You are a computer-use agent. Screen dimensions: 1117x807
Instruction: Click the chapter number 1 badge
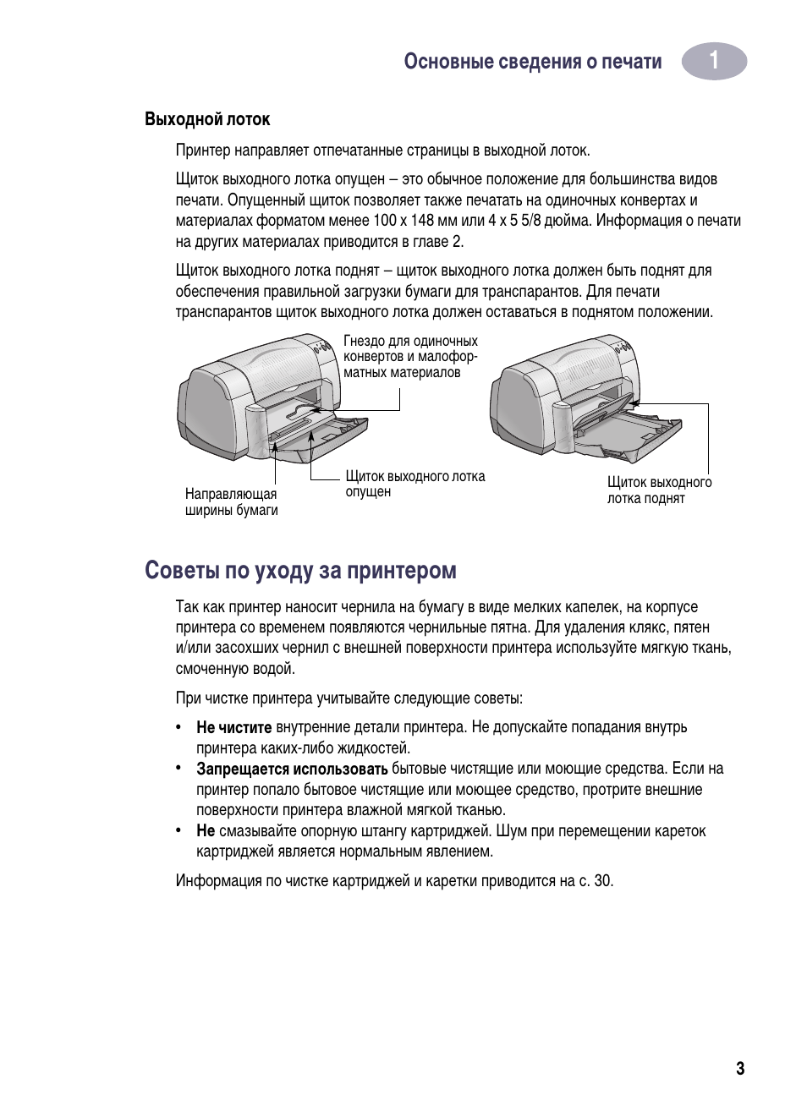(714, 62)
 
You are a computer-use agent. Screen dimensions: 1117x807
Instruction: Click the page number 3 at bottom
(740, 1069)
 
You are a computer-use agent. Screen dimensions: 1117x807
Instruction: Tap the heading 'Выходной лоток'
(207, 119)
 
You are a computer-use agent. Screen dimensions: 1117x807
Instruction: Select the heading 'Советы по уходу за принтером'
(300, 571)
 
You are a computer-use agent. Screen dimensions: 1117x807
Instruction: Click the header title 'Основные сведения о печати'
(532, 62)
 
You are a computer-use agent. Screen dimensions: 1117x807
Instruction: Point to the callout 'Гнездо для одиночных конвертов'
(410, 357)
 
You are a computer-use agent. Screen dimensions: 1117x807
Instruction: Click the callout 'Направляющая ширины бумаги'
(231, 502)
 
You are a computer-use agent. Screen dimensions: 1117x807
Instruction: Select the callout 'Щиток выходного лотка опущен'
(414, 484)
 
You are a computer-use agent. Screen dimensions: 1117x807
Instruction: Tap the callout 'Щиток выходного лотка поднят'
(659, 490)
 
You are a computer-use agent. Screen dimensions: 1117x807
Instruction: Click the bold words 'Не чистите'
(233, 727)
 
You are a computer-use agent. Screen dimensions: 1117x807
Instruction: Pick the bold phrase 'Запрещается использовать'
(292, 769)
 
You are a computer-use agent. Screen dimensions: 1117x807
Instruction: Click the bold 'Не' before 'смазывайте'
(206, 831)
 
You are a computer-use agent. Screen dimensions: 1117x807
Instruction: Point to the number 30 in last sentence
(602, 881)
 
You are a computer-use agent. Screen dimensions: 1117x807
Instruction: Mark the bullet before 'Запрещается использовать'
(179, 768)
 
